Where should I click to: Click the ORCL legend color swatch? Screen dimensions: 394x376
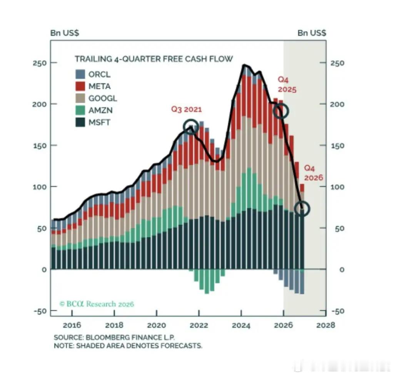point(80,74)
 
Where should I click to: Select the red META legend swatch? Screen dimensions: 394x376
point(80,86)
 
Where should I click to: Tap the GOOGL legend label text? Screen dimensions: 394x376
point(102,98)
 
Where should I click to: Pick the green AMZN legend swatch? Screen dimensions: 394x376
point(80,110)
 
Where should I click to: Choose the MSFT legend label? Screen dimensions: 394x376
point(99,122)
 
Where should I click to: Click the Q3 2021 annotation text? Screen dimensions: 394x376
point(187,109)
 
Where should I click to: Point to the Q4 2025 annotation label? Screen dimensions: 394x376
point(287,85)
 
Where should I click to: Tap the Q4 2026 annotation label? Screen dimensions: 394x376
point(313,173)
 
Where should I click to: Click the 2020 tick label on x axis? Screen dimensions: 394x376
point(157,325)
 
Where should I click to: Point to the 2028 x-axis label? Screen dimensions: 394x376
point(326,325)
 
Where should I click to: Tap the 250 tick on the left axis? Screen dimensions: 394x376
point(40,63)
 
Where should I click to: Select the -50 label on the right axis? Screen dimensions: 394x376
point(338,311)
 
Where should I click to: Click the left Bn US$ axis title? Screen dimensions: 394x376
point(65,33)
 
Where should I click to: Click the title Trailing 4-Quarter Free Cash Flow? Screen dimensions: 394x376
point(154,59)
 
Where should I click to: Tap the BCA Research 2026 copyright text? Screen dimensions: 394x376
point(97,304)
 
